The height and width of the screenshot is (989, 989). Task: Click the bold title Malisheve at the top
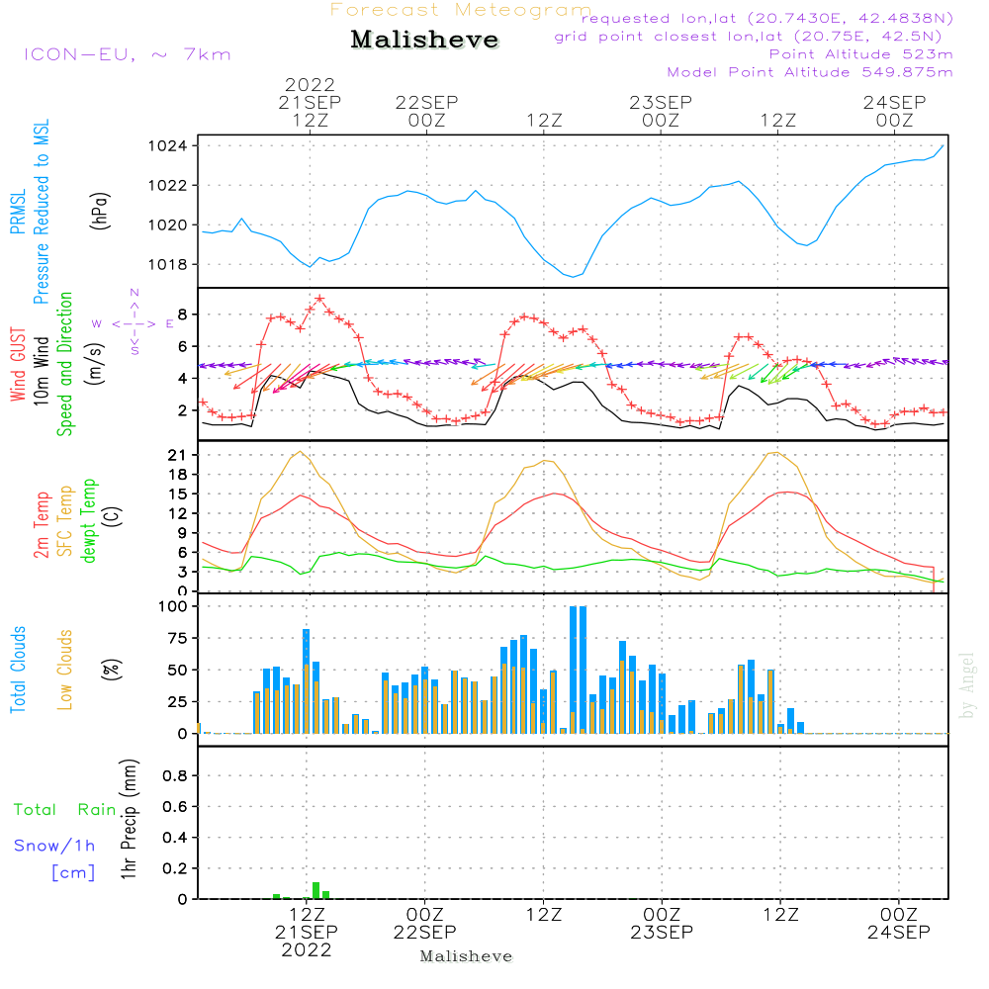coord(425,41)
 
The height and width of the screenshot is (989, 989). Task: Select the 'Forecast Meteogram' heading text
coord(461,11)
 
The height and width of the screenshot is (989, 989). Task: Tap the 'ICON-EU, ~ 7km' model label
coord(127,54)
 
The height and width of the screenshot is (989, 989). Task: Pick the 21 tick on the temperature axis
coord(181,455)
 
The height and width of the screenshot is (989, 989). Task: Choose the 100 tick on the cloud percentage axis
coord(176,606)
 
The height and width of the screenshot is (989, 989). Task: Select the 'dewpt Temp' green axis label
coord(90,520)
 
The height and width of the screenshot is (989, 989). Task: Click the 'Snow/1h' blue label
coord(55,846)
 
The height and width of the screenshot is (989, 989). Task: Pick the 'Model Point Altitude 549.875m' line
coord(810,72)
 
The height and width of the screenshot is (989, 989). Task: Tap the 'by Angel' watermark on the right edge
coord(968,685)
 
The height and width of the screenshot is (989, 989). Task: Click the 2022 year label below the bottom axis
coord(308,950)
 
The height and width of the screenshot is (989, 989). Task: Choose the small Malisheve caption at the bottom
coord(467,956)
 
